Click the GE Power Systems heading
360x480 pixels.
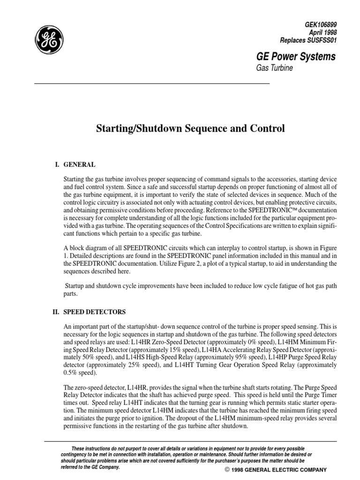pyautogui.click(x=294, y=57)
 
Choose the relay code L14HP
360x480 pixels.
pyautogui.click(x=280, y=358)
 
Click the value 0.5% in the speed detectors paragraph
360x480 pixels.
pyautogui.click(x=72, y=373)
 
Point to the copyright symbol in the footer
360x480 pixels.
pyautogui.click(x=227, y=469)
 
